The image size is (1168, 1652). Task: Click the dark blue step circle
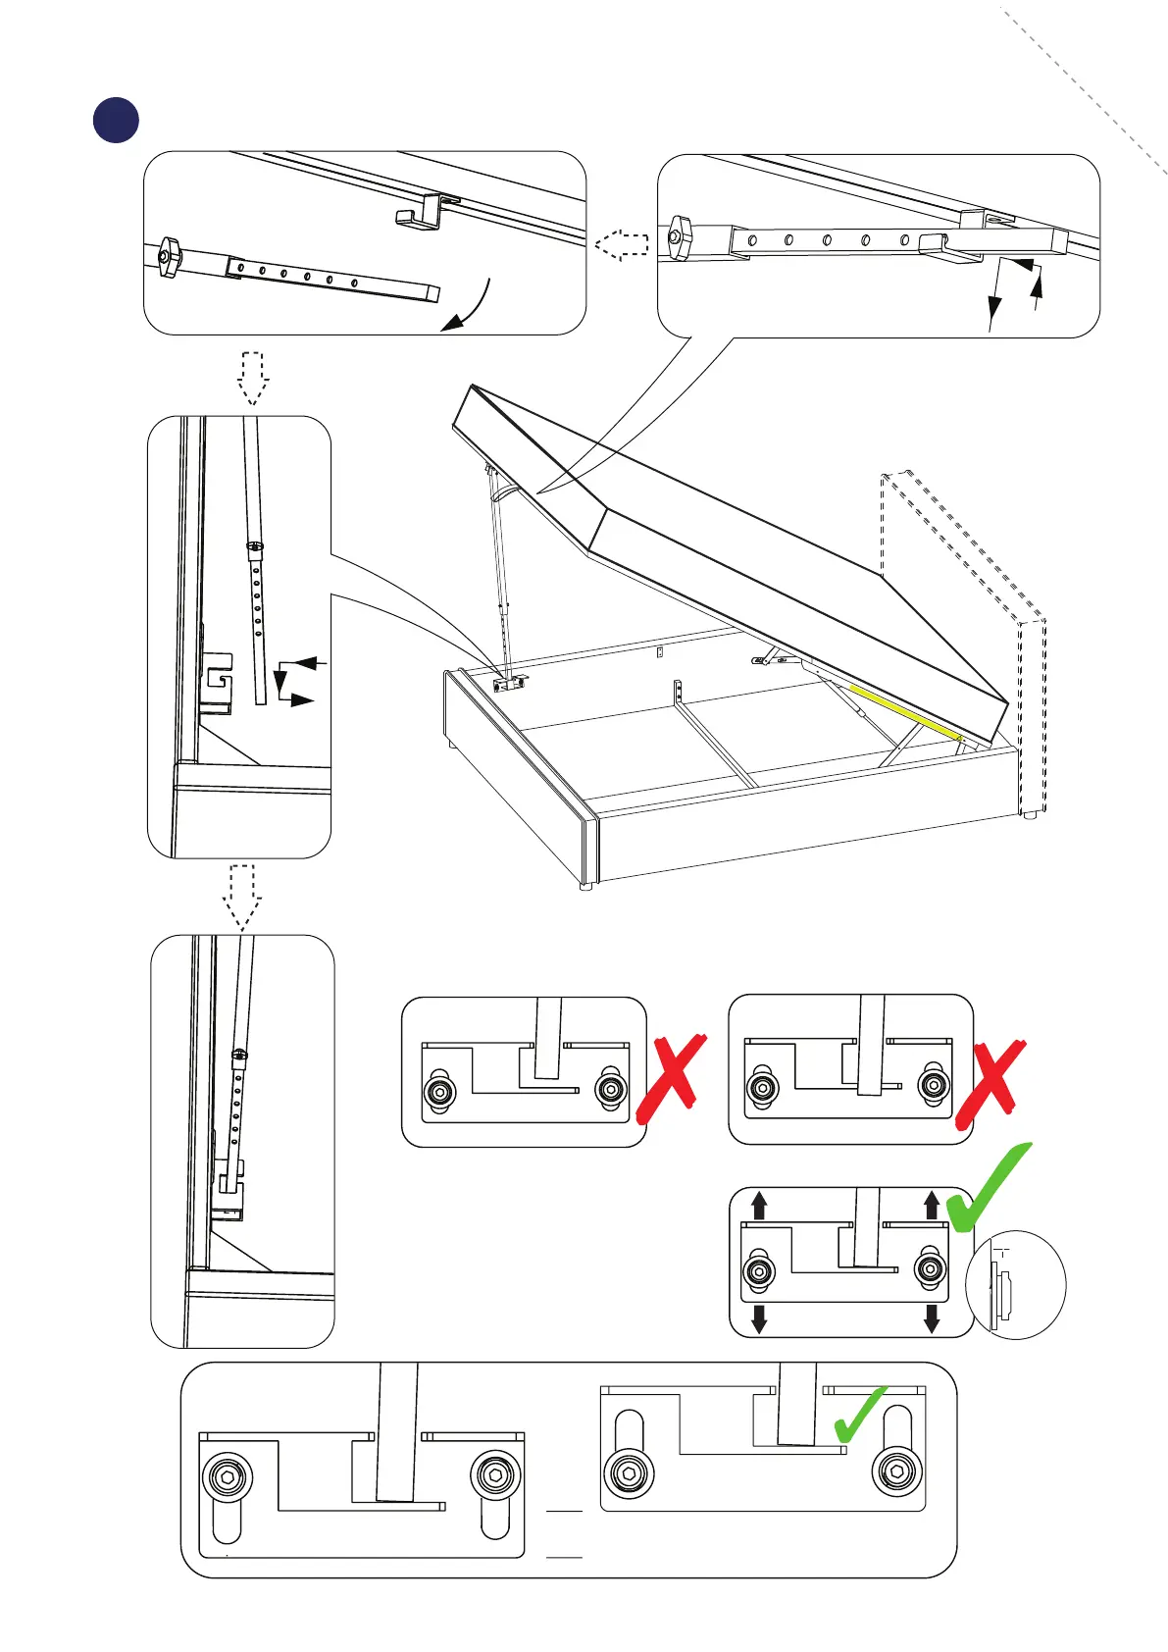coord(116,120)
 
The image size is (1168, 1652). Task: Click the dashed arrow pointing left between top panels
coord(622,244)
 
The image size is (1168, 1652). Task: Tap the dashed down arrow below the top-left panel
coord(253,378)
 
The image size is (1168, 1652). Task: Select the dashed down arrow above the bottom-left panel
coord(242,897)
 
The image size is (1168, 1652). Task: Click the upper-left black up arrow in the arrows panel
coord(758,1205)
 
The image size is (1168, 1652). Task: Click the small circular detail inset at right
coord(1015,1284)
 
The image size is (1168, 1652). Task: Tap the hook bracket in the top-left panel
coord(419,213)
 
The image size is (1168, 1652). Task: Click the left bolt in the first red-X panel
coord(438,1091)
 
